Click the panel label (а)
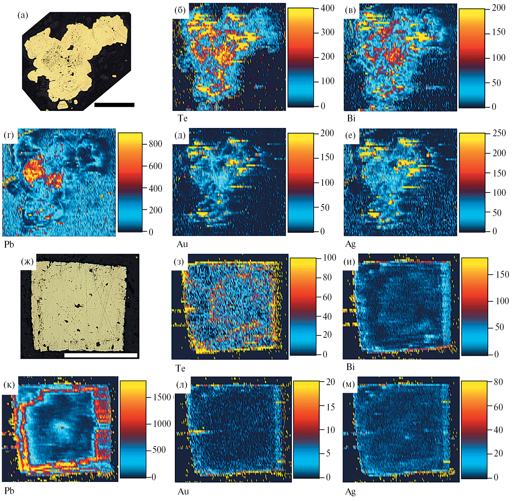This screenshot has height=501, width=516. [x=23, y=16]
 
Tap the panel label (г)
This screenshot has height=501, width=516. [x=9, y=135]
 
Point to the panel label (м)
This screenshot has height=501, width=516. [x=349, y=385]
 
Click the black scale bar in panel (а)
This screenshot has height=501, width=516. [x=114, y=105]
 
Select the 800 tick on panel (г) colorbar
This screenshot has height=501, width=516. [x=155, y=143]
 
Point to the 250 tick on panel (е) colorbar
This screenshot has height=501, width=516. [x=499, y=133]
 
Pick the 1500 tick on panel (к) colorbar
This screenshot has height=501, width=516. [x=162, y=397]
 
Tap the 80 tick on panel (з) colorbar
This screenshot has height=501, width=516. [x=327, y=277]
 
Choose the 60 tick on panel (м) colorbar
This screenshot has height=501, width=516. [x=498, y=407]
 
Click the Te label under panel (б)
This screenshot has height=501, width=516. [x=183, y=118]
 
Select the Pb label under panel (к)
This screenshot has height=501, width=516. [x=10, y=491]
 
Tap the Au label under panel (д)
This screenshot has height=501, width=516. [x=182, y=244]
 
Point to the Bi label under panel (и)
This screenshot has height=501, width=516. [x=351, y=367]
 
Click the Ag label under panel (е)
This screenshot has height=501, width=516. [x=351, y=244]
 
